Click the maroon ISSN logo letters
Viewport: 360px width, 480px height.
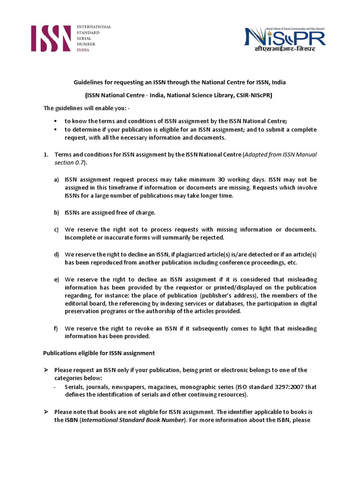[x=51, y=38]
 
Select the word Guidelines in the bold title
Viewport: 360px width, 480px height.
[x=89, y=82]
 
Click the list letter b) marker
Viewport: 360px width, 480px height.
[x=56, y=213]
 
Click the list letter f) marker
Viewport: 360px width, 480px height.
[x=56, y=329]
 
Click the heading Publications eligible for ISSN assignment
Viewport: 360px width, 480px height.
[x=99, y=352]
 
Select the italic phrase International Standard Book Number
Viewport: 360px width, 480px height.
[x=133, y=420]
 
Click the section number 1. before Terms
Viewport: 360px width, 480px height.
[x=46, y=155]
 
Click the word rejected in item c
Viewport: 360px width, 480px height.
[x=192, y=237]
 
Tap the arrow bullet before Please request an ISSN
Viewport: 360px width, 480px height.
[x=46, y=370]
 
